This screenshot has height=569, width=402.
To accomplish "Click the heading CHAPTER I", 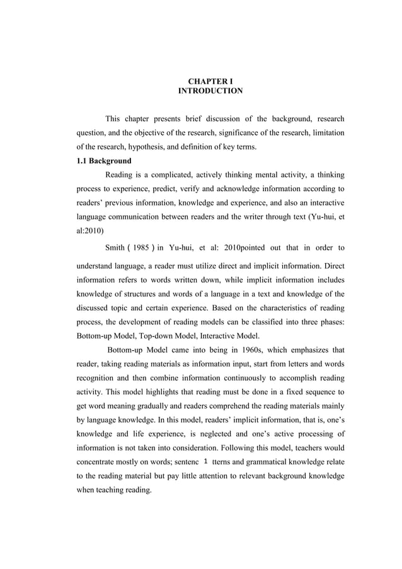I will pos(210,81).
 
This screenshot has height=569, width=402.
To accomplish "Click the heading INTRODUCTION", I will pos(210,91).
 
